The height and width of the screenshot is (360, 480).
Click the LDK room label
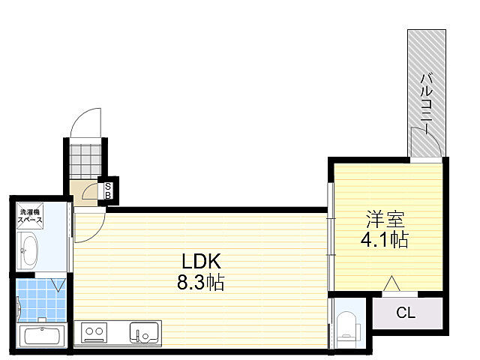tap(201, 261)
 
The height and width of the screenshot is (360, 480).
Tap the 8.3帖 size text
tap(201, 282)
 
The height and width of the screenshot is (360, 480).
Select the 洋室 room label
tap(385, 219)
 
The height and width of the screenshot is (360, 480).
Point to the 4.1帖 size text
tap(385, 239)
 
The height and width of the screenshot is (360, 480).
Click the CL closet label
tap(406, 313)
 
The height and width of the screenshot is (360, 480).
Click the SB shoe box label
tap(108, 190)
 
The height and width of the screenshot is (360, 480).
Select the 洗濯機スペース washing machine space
tap(30, 216)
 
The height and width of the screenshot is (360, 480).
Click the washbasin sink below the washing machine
tap(27, 250)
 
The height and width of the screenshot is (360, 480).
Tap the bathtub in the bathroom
tap(42, 335)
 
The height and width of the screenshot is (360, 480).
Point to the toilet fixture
tap(346, 329)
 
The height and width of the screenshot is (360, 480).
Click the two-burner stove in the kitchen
tap(94, 332)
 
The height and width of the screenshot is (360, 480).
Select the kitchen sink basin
tap(144, 332)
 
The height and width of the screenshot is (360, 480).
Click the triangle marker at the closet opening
tap(391, 283)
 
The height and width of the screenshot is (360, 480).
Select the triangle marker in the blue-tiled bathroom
tap(58, 285)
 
